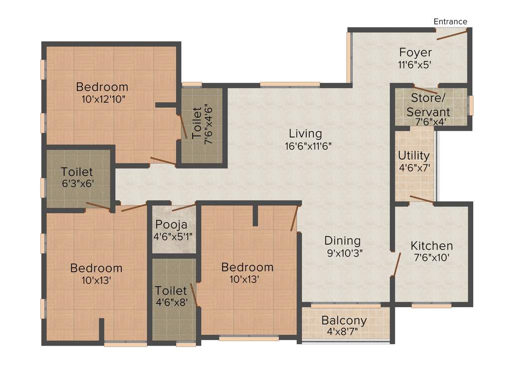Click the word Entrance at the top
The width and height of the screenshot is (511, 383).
point(450,21)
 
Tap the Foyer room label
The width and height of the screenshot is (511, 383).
point(415,52)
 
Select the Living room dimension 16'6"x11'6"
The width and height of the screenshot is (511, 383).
point(305,146)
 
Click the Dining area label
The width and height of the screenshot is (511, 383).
point(344,240)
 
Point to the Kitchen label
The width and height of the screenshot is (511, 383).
point(432,246)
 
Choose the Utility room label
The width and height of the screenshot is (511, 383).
point(414,156)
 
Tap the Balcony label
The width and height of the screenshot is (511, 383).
point(344,320)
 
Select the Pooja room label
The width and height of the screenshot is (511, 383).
point(171,224)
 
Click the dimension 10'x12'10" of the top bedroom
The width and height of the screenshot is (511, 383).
point(102,99)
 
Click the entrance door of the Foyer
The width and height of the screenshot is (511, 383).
point(452,34)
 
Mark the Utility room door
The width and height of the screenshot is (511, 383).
point(421,199)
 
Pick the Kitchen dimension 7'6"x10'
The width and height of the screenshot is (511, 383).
point(432,258)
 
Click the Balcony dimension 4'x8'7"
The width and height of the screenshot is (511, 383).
point(344,331)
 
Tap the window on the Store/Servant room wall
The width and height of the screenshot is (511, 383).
point(471,105)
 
